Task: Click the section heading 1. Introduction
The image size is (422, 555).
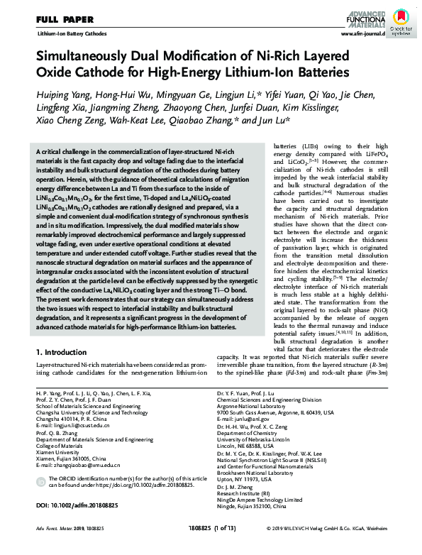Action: (65, 353)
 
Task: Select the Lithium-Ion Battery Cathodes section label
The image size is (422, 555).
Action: (68, 33)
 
